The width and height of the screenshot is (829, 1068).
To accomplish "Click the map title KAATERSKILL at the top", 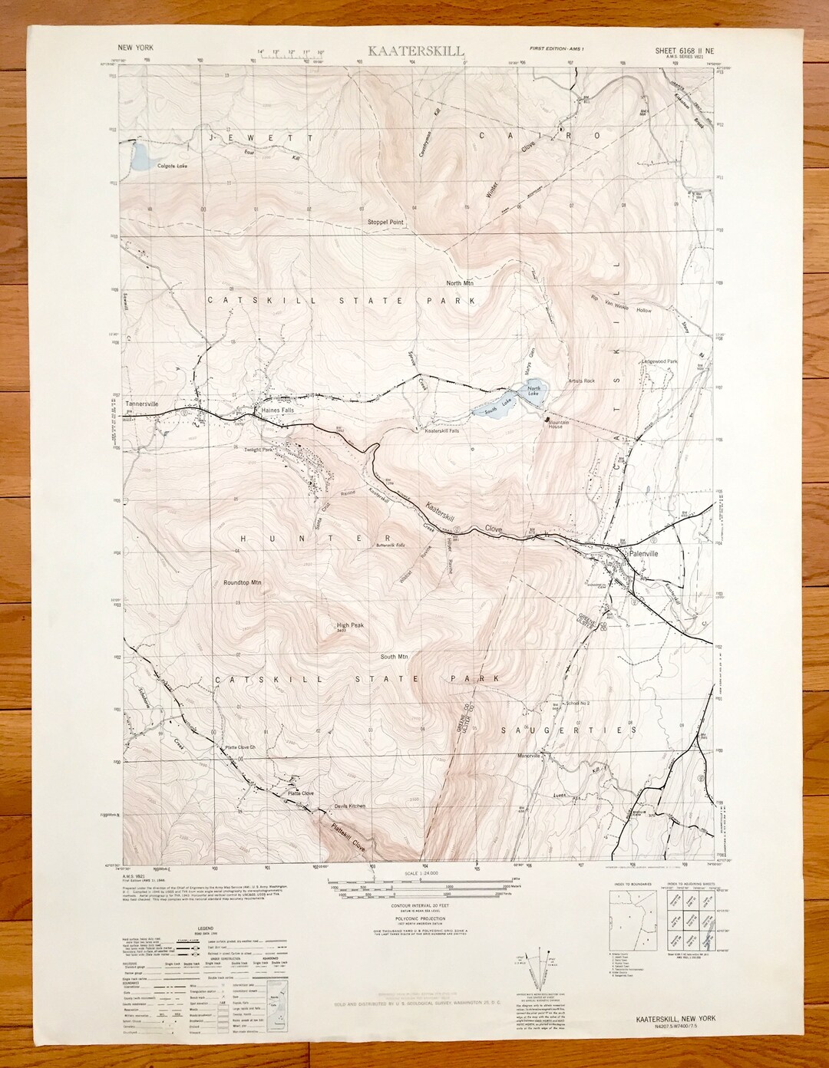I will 415,51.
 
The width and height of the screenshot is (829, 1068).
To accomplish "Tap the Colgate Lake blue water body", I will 140,157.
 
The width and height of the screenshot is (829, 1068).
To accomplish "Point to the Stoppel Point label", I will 385,222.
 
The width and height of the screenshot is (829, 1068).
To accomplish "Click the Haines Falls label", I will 278,410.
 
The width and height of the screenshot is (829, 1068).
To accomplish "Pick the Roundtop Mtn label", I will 243,583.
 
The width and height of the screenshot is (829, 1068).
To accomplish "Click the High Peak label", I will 350,625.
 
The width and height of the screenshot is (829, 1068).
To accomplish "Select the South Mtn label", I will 394,657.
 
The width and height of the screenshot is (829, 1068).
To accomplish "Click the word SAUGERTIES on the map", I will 565,730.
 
